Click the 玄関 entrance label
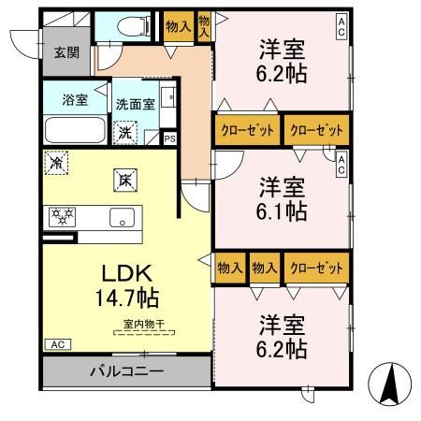pyautogui.click(x=65, y=53)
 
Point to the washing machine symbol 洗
pyautogui.click(x=125, y=132)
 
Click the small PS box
pyautogui.click(x=169, y=138)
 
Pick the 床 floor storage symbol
pyautogui.click(x=122, y=176)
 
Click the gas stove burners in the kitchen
pyautogui.click(x=62, y=217)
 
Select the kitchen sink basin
pyautogui.click(x=121, y=219)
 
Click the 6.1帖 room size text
pyautogui.click(x=282, y=211)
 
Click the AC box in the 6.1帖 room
pyautogui.click(x=341, y=165)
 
